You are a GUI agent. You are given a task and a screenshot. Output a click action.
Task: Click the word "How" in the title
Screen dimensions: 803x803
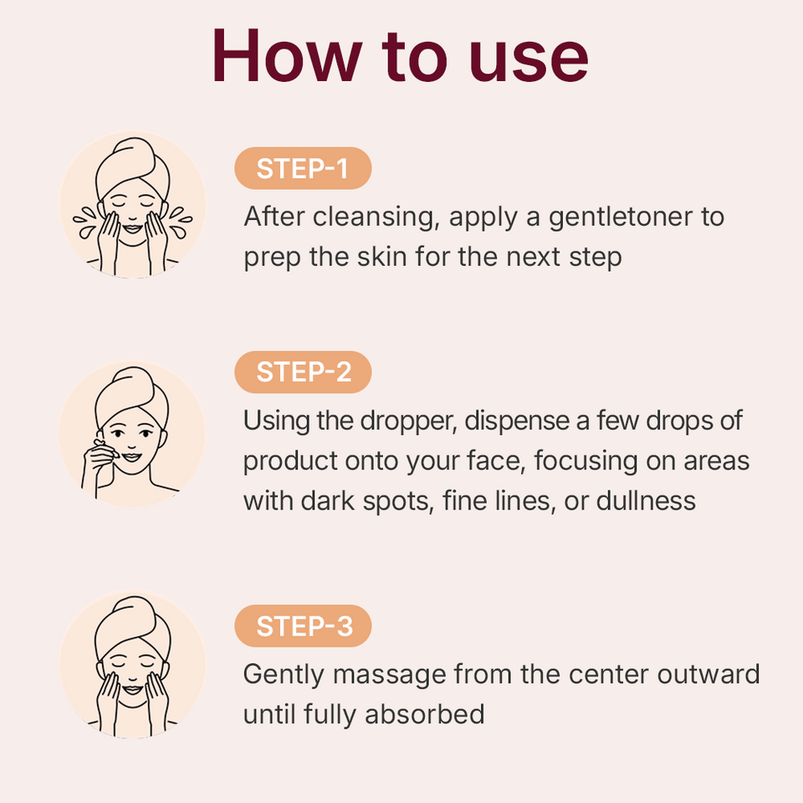coord(287,55)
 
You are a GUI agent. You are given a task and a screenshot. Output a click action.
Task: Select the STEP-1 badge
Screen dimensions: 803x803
coord(303,168)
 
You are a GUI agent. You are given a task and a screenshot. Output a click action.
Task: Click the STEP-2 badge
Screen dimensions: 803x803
coord(303,371)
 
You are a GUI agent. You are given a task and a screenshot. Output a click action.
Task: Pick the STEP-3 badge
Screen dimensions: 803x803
coord(303,626)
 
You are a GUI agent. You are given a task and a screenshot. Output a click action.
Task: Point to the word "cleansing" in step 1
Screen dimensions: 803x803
coord(376,217)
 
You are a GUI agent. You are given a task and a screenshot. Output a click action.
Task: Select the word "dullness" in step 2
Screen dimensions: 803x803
coord(646,500)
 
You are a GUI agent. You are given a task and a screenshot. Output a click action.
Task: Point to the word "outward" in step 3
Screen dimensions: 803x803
coord(708,674)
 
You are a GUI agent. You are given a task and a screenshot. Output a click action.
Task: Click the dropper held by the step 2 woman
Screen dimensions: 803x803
coord(106,448)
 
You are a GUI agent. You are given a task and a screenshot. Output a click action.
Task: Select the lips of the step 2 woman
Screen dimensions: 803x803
coord(131,457)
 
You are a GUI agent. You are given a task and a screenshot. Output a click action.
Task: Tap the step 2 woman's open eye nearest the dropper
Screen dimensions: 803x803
coord(118,433)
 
